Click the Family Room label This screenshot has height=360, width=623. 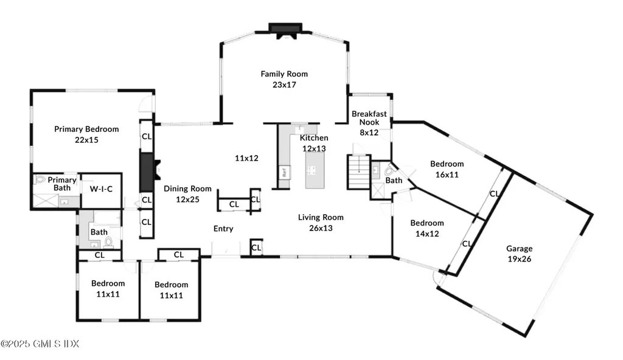tap(284, 79)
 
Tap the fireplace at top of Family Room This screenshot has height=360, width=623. tap(285, 30)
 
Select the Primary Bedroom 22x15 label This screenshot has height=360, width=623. tap(86, 134)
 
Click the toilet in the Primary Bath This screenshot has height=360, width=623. tap(41, 180)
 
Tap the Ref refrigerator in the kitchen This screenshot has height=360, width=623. tap(284, 172)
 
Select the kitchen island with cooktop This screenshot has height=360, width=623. tap(315, 170)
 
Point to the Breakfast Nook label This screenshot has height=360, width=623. tap(369, 123)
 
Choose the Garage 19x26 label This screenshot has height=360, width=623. tap(519, 254)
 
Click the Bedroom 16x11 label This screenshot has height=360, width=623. tap(447, 169)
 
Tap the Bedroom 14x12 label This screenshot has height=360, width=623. tap(426, 228)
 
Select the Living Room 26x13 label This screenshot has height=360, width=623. tap(321, 223)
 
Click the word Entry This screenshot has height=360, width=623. tap(223, 229)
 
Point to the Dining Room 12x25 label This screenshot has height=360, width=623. tap(187, 194)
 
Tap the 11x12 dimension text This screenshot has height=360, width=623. tap(247, 158)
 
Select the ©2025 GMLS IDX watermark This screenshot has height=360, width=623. tap(40, 344)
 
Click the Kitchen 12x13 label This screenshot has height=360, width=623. tap(315, 143)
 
